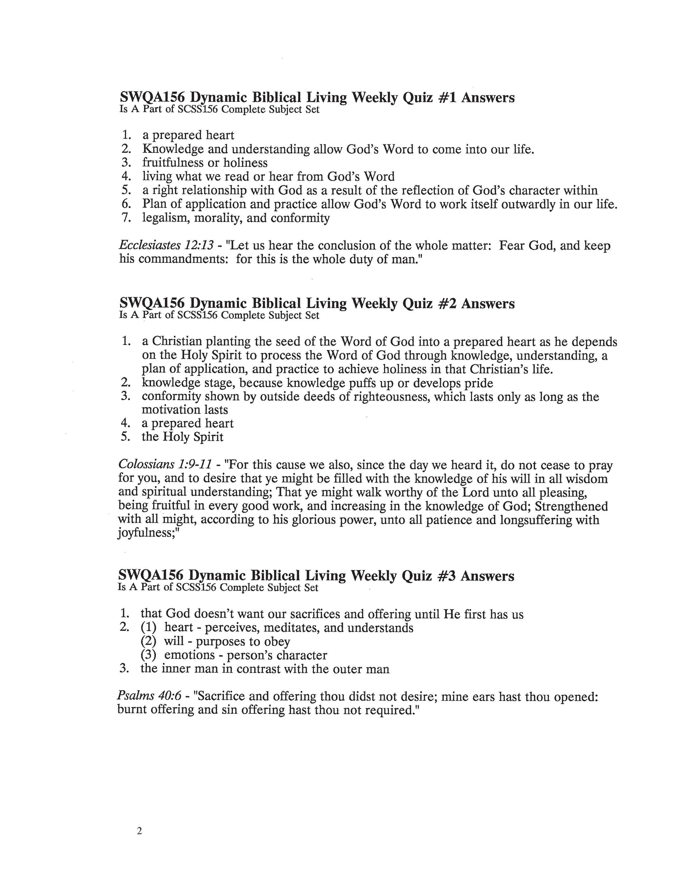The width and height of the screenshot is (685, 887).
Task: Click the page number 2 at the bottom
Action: [x=140, y=820]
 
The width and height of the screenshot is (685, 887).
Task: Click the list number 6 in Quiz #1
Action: [x=125, y=204]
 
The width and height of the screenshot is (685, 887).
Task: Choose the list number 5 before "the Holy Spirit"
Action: [x=125, y=437]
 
